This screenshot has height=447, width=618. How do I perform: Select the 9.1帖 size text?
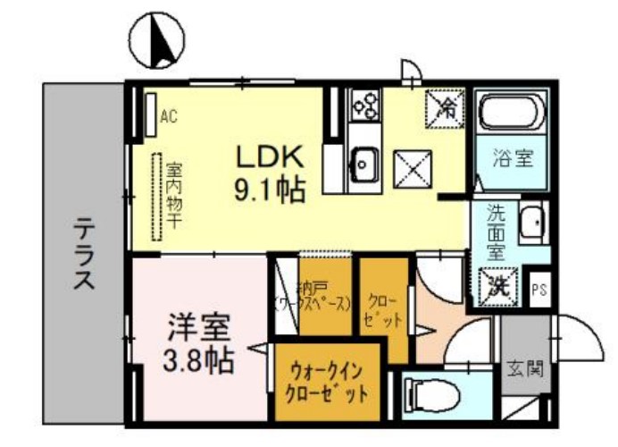coord(270,190)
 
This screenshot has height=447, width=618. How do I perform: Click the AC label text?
coord(169,115)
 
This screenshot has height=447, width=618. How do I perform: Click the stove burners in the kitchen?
coord(365,106)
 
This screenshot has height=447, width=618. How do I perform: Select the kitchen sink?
coord(365,163)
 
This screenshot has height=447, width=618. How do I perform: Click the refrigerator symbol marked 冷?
coord(445,108)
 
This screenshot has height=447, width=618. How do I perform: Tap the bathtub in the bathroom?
coord(513,114)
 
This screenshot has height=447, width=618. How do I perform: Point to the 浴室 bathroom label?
coord(513,160)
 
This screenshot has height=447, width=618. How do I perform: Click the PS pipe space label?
coord(539,289)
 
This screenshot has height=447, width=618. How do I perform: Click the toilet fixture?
coord(429,393)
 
